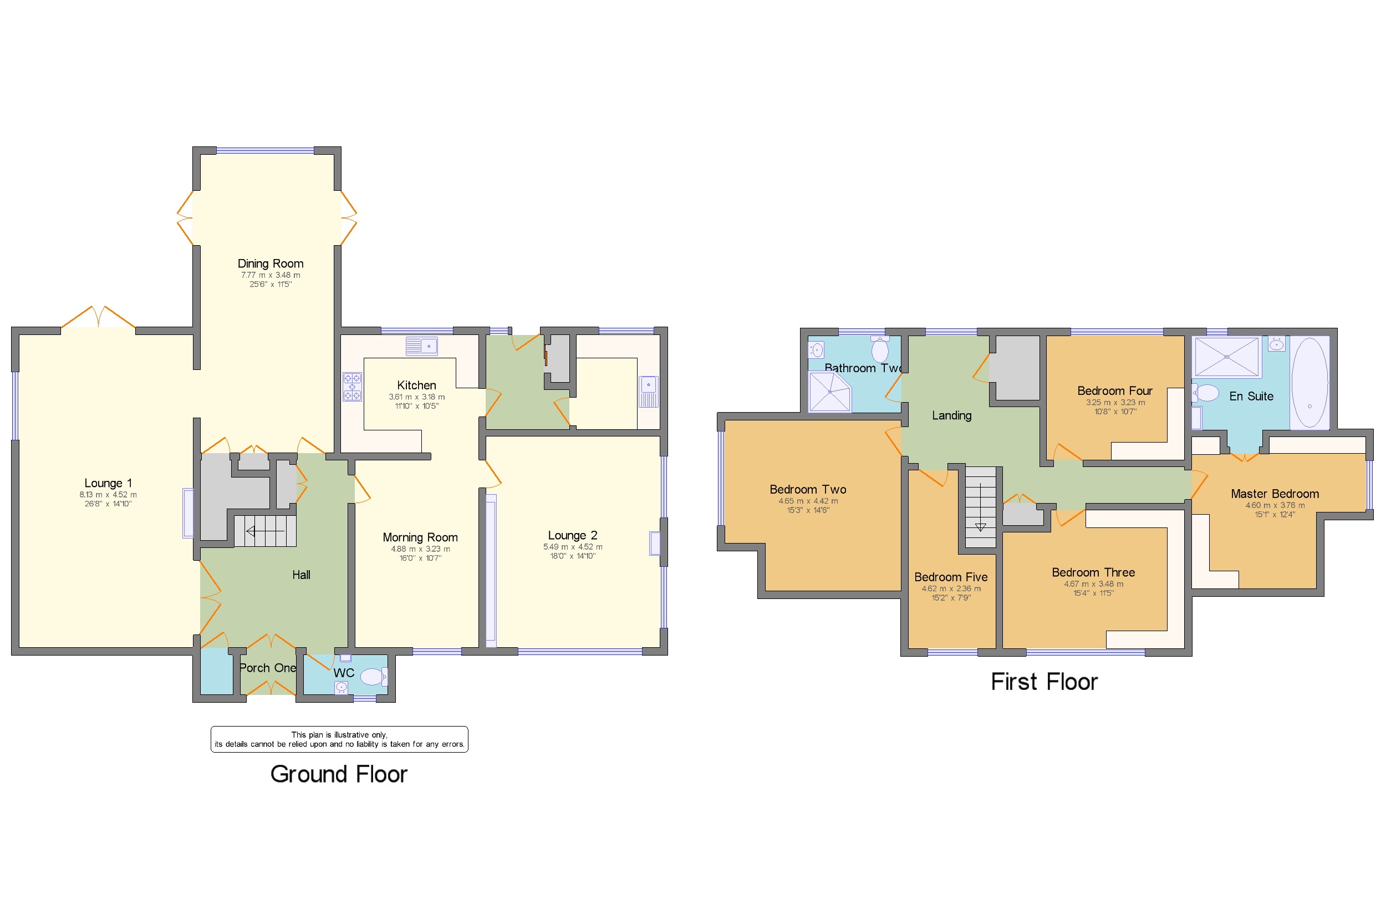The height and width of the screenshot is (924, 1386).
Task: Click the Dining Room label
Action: [x=271, y=263]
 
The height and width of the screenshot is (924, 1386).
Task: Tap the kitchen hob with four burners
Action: [x=352, y=387]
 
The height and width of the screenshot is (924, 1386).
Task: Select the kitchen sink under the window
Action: [x=422, y=346]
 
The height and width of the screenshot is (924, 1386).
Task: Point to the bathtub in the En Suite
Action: [x=1309, y=383]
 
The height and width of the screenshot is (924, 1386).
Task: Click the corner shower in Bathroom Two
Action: [x=829, y=392]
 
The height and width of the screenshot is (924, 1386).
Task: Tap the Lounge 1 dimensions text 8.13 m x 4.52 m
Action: [x=108, y=495]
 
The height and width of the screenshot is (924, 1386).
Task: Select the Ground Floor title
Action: [x=338, y=774]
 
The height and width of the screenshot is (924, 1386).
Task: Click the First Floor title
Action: [x=1044, y=682]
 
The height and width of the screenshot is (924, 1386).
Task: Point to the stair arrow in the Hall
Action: [x=264, y=531]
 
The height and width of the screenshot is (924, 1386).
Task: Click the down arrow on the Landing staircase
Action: [x=980, y=526]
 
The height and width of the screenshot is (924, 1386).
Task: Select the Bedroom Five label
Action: [x=951, y=577]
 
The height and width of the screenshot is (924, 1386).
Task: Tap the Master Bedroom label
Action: [x=1275, y=494]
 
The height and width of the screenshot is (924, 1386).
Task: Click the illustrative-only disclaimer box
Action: [x=339, y=739]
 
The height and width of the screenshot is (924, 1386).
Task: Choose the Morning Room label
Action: [x=420, y=537]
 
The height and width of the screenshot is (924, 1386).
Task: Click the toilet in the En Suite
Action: [x=1206, y=393]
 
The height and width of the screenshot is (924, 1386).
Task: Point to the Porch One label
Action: [x=267, y=668]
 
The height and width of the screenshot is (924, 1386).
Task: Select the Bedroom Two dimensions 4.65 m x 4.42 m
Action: [x=808, y=501]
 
